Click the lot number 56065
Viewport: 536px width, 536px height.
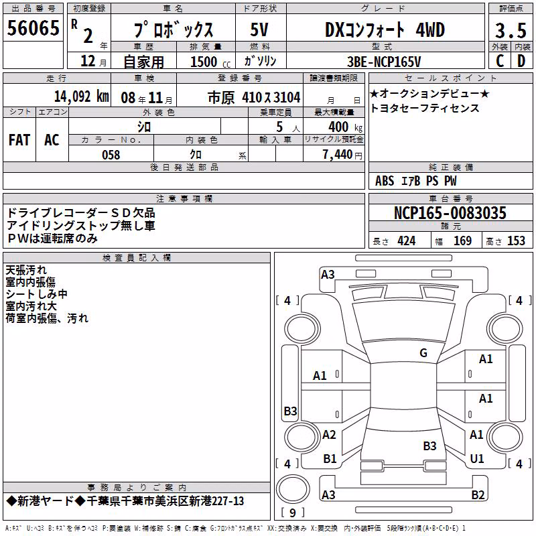[x=33, y=27]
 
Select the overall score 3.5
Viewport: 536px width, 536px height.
[x=511, y=31]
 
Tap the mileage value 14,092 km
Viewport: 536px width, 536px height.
[x=81, y=96]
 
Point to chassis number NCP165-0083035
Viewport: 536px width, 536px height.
[x=450, y=213]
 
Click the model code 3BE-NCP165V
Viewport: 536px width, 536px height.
[x=384, y=62]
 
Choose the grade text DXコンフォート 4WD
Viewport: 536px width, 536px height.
[x=385, y=29]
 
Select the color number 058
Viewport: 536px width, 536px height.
[x=111, y=155]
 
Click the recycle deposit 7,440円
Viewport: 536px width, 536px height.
[x=342, y=155]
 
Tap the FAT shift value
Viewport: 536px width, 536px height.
[x=19, y=140]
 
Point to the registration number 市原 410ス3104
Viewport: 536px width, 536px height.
[x=254, y=98]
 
